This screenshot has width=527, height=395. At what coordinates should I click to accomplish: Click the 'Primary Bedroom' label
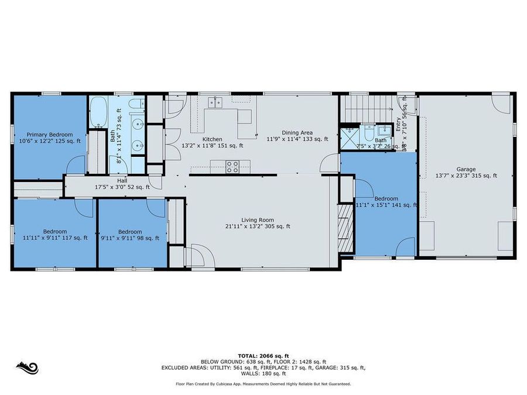pyautogui.click(x=50, y=134)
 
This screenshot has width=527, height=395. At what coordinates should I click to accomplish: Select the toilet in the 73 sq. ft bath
pyautogui.click(x=136, y=105)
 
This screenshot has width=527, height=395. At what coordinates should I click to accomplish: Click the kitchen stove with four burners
pyautogui.click(x=232, y=166)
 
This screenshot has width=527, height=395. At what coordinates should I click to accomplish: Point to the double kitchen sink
pyautogui.click(x=215, y=103)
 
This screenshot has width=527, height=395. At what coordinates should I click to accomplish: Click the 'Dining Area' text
pyautogui.click(x=297, y=132)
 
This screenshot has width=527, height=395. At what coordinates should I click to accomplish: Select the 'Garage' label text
pyautogui.click(x=467, y=169)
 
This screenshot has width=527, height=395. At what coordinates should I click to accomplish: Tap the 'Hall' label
pyautogui.click(x=122, y=181)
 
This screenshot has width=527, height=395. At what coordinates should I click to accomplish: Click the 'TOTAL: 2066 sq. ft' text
pyautogui.click(x=263, y=355)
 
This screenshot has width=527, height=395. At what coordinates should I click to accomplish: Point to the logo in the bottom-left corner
pyautogui.click(x=27, y=368)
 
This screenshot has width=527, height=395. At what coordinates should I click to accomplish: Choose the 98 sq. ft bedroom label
pyautogui.click(x=129, y=231)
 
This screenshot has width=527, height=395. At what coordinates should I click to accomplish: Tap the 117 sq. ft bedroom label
pyautogui.click(x=54, y=231)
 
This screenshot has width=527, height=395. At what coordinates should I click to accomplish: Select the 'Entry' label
pyautogui.click(x=398, y=124)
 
